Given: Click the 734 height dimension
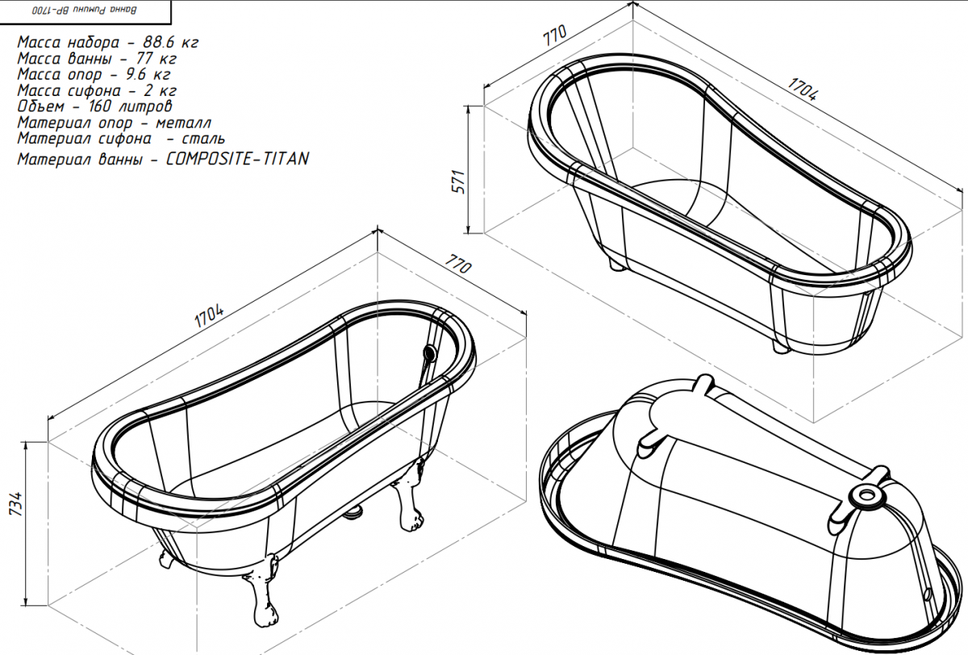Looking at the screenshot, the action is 16,503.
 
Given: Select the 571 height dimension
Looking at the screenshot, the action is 459,181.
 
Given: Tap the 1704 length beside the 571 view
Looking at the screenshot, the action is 803,89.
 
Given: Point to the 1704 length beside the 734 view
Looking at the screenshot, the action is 209,316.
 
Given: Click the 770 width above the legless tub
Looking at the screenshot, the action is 554,35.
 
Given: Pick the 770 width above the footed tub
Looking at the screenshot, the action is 458,264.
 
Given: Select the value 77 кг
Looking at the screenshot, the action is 156,58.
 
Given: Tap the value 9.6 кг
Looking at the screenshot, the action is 148,74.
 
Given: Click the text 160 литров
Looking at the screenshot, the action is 131,106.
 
